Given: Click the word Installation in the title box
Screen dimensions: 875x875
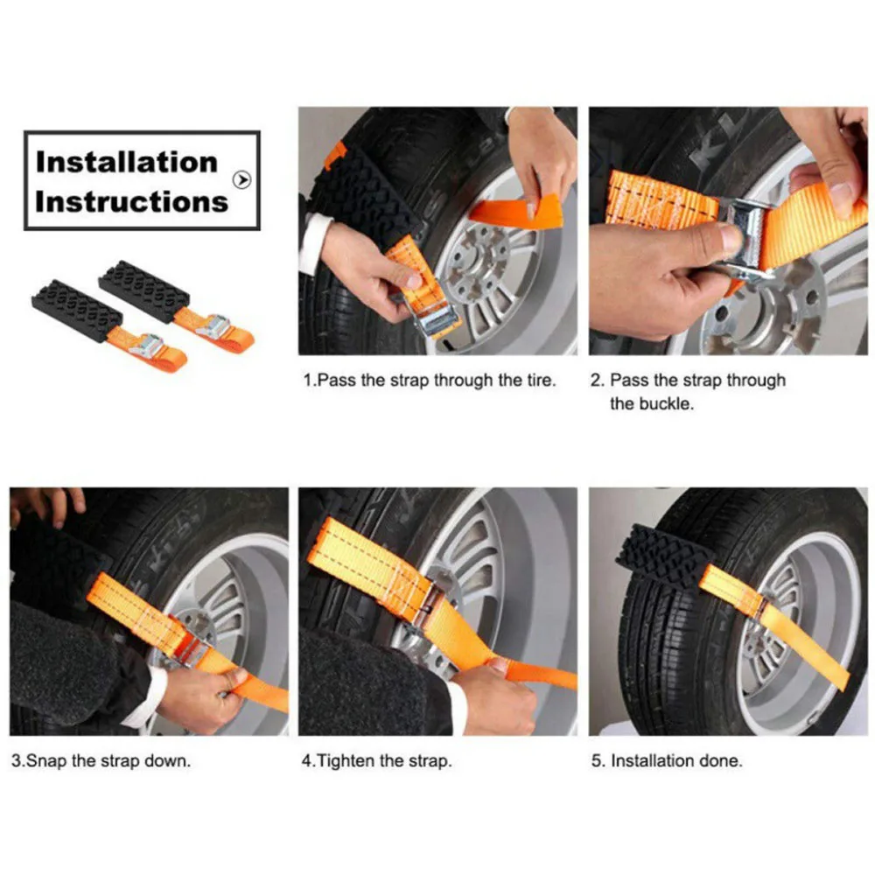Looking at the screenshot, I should (126, 162).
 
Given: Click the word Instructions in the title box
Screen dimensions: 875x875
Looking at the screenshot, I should (131, 201).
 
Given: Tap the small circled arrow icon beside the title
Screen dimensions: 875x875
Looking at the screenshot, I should (242, 179).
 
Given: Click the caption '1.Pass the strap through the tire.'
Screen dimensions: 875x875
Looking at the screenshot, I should (429, 381).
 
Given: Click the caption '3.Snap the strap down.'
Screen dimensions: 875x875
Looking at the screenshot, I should (100, 760).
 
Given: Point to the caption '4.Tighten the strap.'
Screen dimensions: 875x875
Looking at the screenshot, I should (376, 760).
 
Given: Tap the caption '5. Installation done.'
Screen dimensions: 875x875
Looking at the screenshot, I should (666, 760).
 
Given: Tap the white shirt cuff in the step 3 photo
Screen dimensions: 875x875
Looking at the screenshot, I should (144, 700).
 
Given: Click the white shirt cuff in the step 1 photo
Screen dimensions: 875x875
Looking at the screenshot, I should (312, 245).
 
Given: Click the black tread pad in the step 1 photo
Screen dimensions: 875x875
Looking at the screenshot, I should (363, 192).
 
